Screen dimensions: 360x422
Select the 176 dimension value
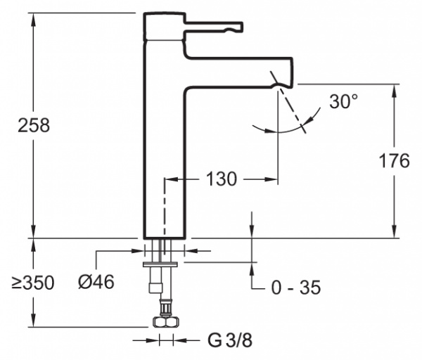tap(394, 161)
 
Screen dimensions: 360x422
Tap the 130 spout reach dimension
tap(222, 179)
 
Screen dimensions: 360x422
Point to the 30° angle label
tap(343, 102)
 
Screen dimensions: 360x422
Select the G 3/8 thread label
tap(229, 341)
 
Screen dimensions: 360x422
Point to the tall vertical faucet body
tap(163, 155)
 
